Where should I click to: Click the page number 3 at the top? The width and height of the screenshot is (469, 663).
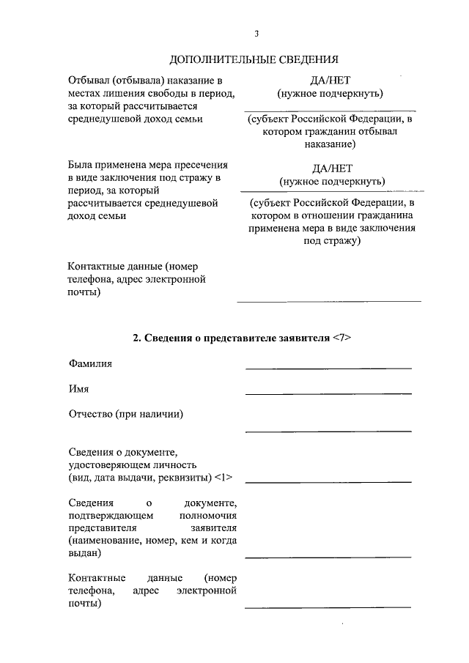[x=256, y=33]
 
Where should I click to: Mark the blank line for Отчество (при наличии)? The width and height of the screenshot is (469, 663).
[x=328, y=431]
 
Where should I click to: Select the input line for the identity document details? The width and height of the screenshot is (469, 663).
[x=328, y=481]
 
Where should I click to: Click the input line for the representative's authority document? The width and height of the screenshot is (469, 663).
[x=328, y=557]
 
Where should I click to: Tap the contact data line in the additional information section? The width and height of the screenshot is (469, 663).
[x=328, y=300]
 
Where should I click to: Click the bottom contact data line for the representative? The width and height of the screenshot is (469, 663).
[x=328, y=607]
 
